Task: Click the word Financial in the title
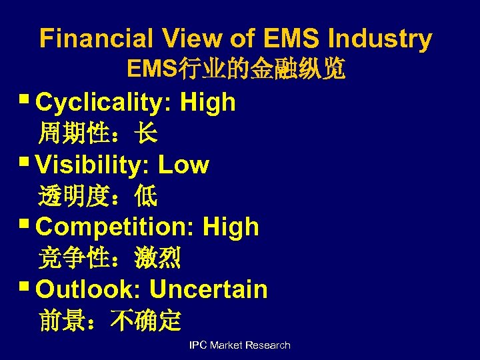(97, 39)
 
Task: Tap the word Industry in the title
(379, 39)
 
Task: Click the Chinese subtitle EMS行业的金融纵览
(236, 69)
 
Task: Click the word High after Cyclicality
(208, 102)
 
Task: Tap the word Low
(183, 165)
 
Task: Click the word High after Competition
(231, 227)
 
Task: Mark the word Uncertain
(208, 289)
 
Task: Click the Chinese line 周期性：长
(98, 134)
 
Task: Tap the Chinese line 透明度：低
(98, 196)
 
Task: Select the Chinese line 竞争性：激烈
(110, 258)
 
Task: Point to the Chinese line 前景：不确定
(110, 321)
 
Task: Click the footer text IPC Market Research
(240, 345)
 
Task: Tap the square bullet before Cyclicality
(25, 102)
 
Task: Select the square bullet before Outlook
(25, 289)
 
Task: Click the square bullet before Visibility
(25, 164)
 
